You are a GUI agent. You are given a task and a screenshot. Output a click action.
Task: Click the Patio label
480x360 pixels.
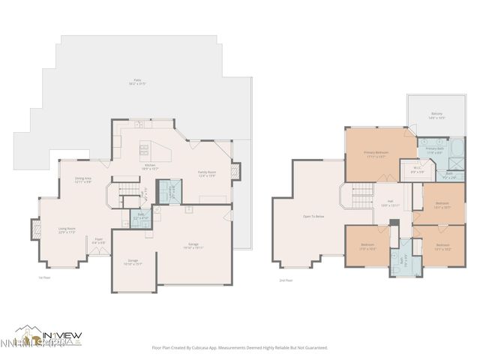[x=138, y=81]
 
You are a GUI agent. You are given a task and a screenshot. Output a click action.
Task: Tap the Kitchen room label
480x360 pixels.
[x=149, y=166]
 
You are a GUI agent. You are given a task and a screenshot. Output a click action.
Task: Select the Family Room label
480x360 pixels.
[x=207, y=173]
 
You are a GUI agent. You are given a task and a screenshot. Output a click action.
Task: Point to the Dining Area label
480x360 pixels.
[x=82, y=180]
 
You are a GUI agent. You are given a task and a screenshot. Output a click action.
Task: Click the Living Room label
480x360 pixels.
[x=67, y=230]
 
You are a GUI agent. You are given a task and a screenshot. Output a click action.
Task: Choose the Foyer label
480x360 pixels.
[x=98, y=242]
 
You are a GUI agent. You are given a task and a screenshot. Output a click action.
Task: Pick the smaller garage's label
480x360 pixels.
[x=132, y=262]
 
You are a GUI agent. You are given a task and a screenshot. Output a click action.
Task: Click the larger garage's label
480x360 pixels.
[x=193, y=246]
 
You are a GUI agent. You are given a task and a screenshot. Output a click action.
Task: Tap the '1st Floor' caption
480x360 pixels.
[x=44, y=277]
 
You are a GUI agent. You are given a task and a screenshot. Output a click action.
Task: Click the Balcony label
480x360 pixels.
[x=436, y=115]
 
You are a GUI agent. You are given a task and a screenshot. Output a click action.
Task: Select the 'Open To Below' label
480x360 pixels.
[x=313, y=216]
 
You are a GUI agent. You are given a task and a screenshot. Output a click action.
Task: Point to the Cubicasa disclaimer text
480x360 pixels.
[x=240, y=347]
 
